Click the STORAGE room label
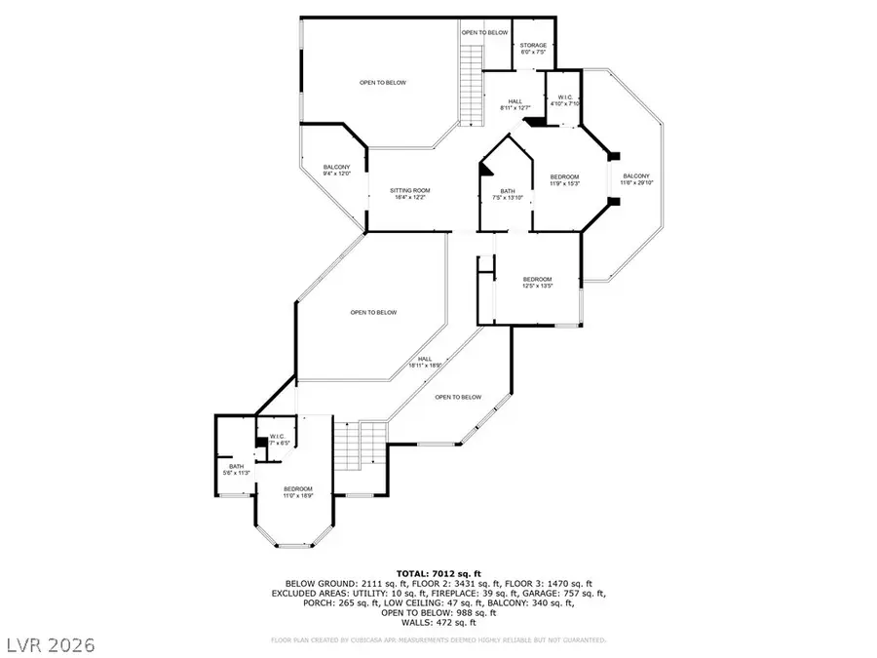[533, 49]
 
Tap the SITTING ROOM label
[410, 193]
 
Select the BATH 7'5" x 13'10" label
[509, 194]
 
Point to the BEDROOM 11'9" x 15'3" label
[564, 180]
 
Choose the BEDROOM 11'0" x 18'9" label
[298, 491]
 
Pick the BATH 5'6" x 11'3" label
[237, 470]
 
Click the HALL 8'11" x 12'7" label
[515, 104]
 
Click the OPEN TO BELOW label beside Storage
[484, 33]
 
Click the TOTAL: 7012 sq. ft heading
[438, 573]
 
